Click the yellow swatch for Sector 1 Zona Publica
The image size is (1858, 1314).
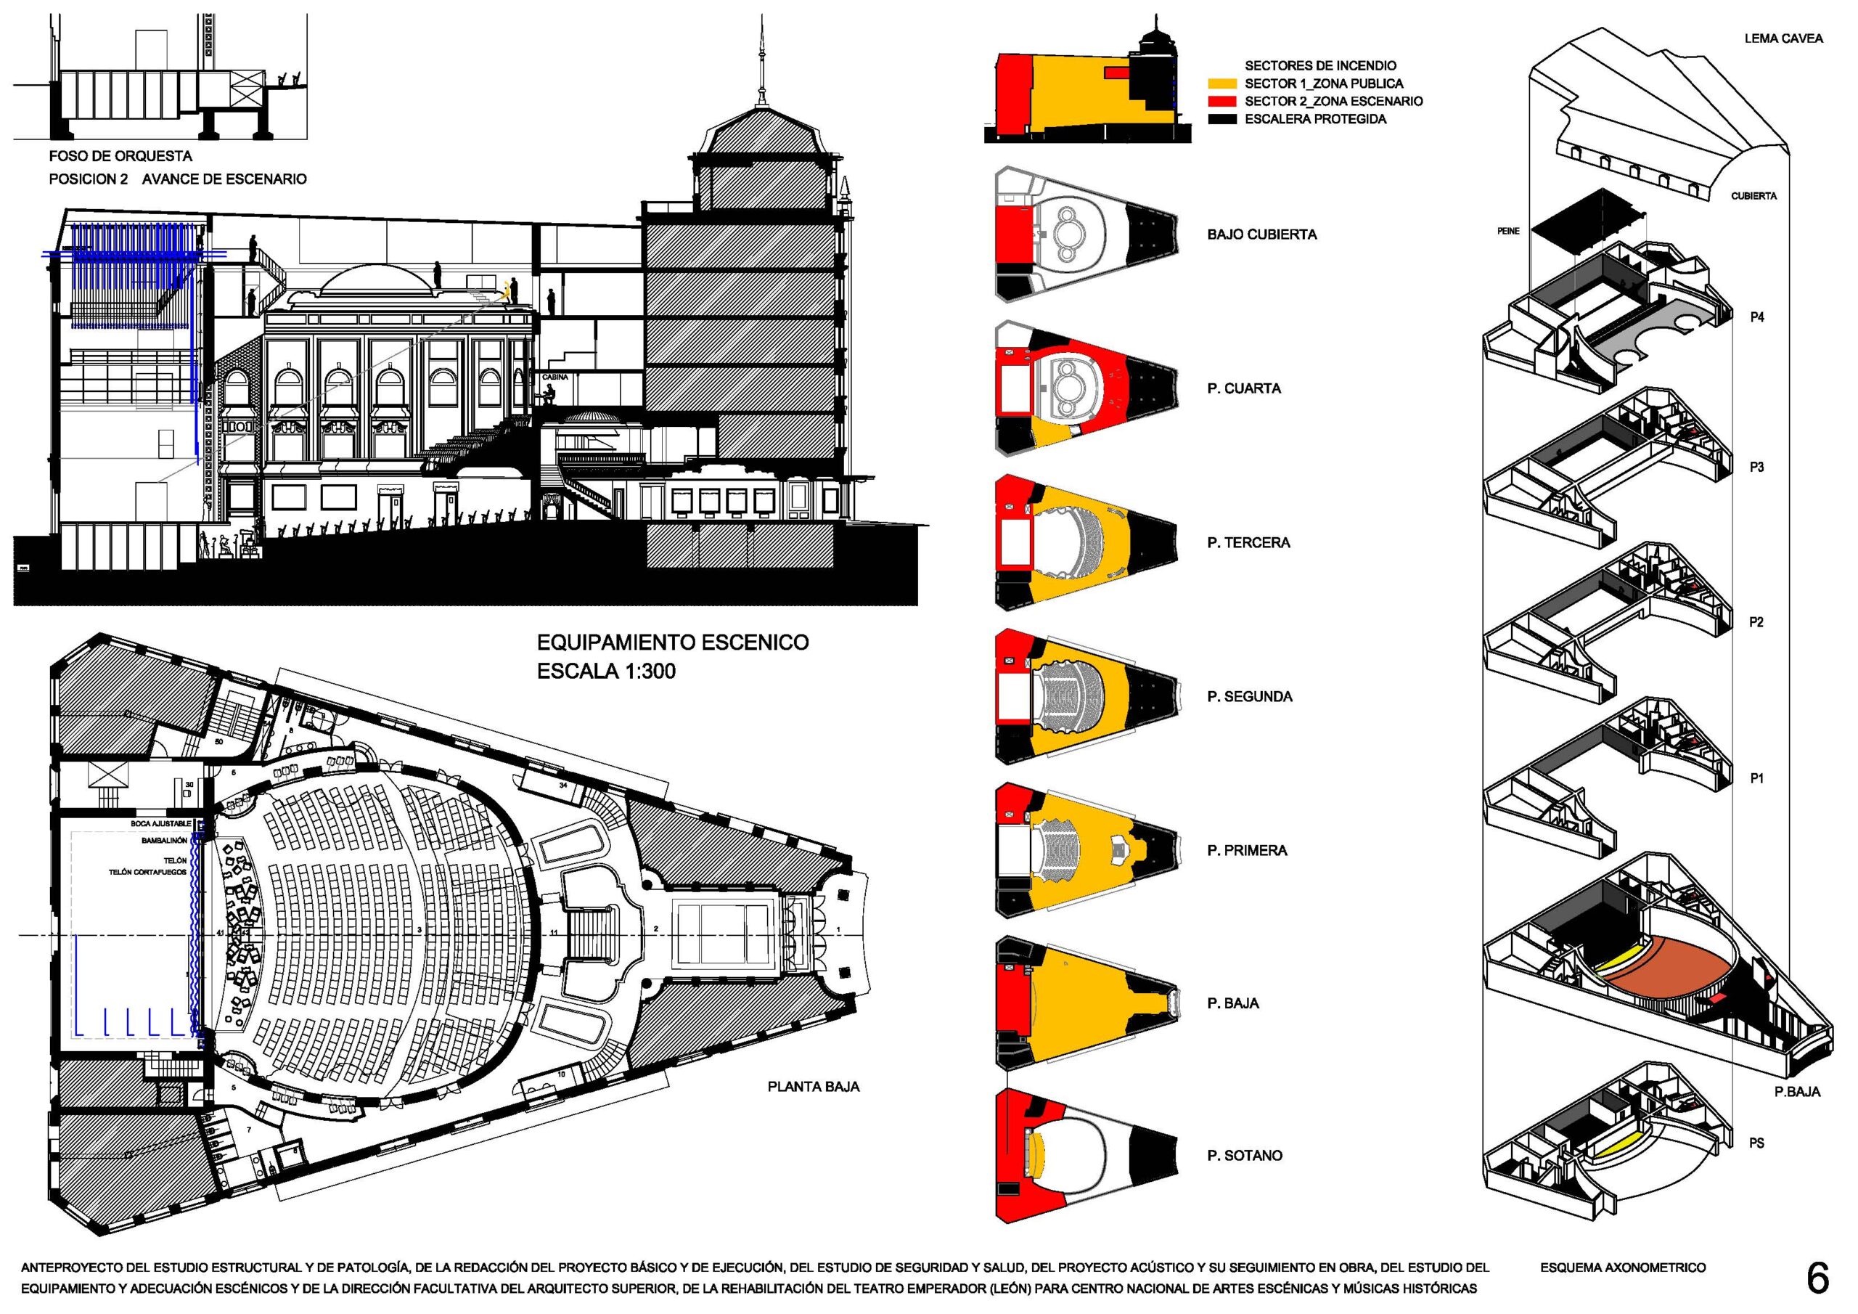(1221, 83)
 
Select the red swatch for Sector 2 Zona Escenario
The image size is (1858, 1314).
(1221, 101)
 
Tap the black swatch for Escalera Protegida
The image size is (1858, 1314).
(1221, 119)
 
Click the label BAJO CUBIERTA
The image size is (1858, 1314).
(1261, 234)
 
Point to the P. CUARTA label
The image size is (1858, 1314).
(1244, 388)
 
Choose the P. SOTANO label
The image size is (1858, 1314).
(1245, 1155)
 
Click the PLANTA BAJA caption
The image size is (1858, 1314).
(814, 1087)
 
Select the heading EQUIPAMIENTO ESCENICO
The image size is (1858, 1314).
(673, 642)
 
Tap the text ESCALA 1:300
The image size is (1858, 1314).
(606, 672)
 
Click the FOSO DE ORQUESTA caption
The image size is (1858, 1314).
(120, 156)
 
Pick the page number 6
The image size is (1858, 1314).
(1817, 1279)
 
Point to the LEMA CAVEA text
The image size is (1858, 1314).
(1783, 38)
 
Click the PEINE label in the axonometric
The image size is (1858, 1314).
(1508, 232)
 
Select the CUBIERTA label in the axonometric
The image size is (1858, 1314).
(1753, 196)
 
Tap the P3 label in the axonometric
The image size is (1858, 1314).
(1756, 467)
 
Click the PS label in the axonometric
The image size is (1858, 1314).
(1756, 1143)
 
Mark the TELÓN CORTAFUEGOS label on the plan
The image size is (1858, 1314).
(147, 872)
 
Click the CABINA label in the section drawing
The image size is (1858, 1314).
(555, 378)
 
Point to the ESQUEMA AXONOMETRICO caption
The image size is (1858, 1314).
(1623, 1268)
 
